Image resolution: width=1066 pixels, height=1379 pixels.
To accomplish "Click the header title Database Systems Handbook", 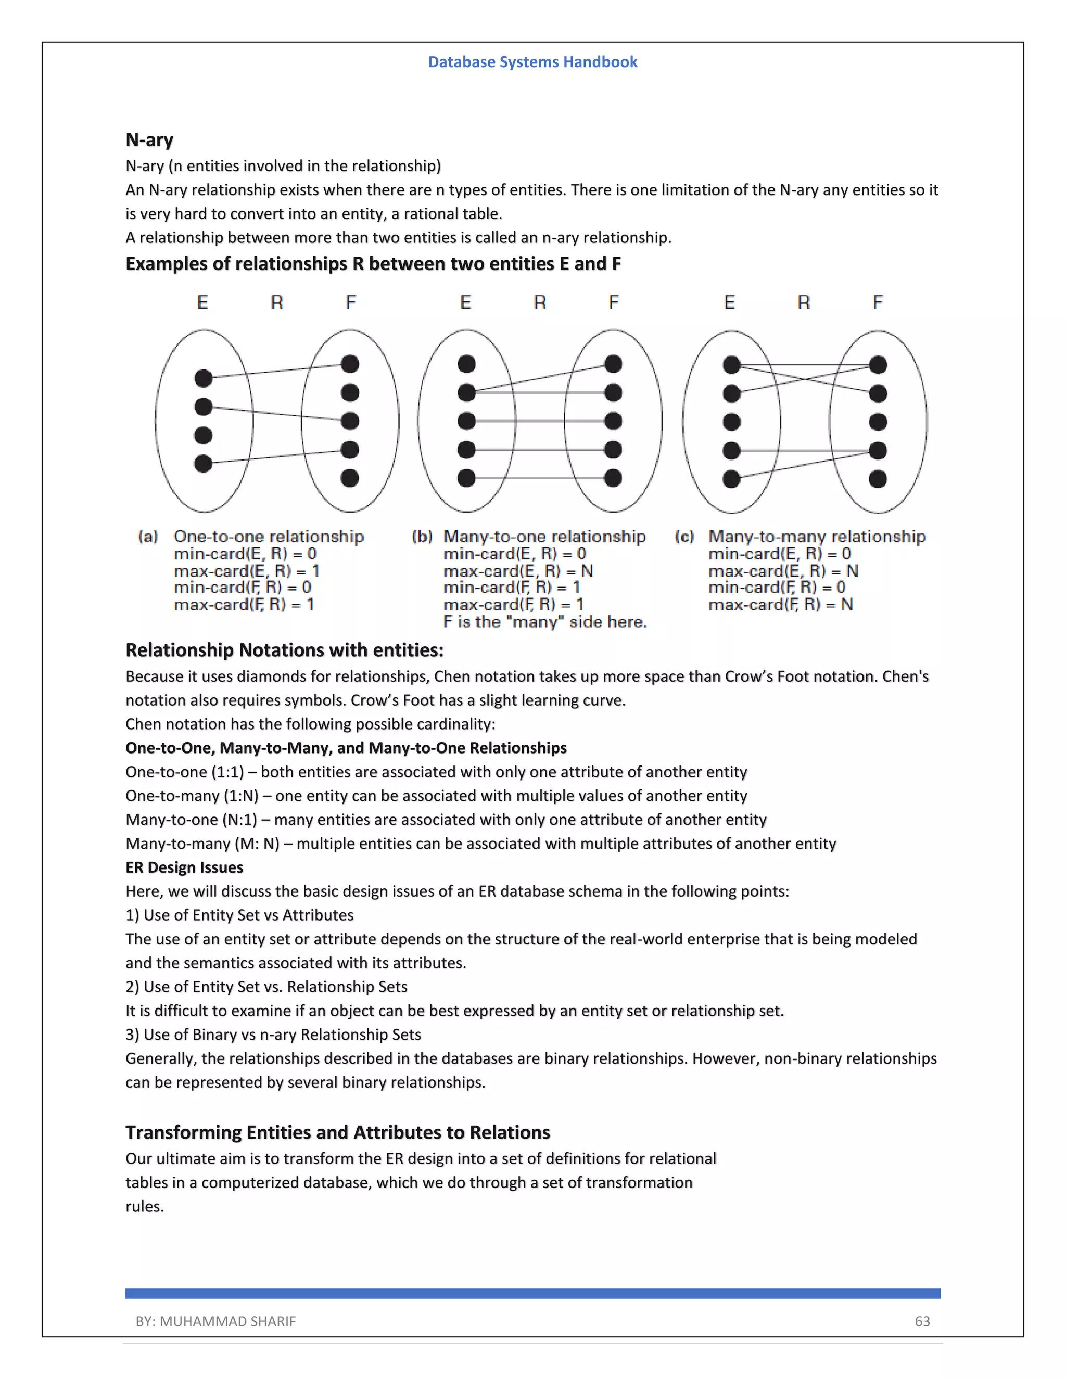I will point(532,62).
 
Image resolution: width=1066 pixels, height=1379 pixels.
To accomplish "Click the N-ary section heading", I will point(149,139).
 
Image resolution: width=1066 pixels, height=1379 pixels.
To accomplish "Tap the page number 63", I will point(922,1321).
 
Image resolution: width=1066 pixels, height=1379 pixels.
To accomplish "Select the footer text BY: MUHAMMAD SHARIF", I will point(215,1321).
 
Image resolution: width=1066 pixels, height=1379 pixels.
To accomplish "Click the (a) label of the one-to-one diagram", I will point(148,537).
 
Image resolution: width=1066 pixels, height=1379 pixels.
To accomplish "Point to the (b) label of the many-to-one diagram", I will point(422,537).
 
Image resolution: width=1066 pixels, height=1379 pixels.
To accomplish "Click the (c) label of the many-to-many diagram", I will point(684,537).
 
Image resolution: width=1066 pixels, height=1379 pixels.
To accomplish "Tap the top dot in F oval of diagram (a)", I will point(350,364).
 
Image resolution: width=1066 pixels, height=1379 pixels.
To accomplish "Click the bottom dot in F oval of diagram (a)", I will point(350,478).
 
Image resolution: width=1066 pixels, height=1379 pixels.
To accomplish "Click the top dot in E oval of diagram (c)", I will point(731,364).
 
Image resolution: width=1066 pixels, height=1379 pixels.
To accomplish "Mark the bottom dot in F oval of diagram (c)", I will point(878,479).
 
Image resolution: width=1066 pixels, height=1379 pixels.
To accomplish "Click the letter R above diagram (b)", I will point(540,302).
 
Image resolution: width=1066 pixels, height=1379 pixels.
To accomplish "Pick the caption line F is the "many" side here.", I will point(545,622).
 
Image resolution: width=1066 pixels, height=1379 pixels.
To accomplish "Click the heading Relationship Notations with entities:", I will point(284,650).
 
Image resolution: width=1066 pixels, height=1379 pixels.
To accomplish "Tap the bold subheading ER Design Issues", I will point(184,867).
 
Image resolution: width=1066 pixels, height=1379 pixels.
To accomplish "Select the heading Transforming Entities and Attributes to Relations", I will point(337,1132).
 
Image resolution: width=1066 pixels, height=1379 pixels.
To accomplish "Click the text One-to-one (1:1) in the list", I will point(184,772).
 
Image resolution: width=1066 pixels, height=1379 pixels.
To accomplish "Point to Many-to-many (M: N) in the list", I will point(202,844).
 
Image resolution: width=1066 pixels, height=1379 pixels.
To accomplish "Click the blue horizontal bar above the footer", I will point(532,1293).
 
